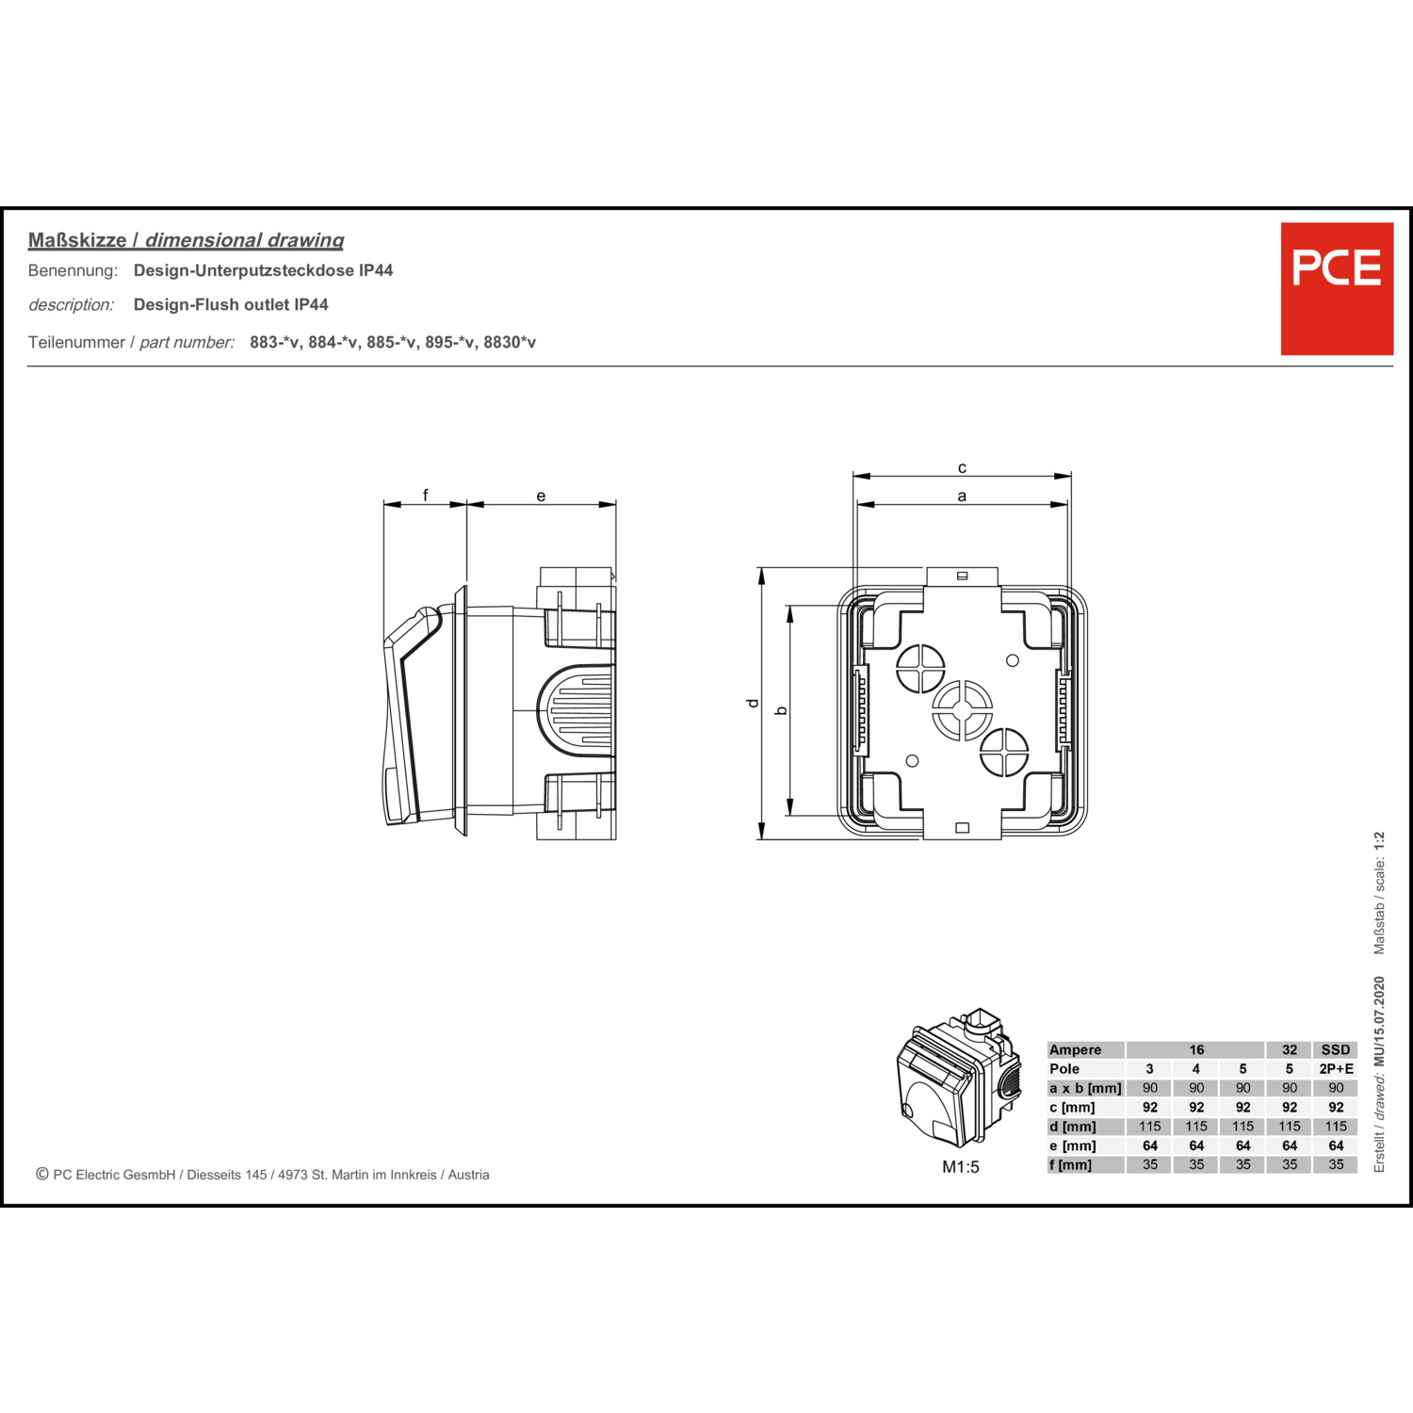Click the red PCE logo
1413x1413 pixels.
click(1337, 288)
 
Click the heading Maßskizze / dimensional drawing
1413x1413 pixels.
click(186, 240)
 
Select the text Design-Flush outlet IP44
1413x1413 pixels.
click(231, 304)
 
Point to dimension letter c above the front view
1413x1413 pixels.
click(962, 467)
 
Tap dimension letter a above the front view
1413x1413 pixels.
click(962, 495)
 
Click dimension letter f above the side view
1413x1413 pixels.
click(426, 495)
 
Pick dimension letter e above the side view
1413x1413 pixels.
click(541, 495)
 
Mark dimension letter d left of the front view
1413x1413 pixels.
click(752, 703)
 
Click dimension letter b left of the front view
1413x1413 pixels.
click(780, 710)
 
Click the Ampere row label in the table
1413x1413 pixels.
click(1075, 1049)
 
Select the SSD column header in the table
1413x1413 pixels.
click(1336, 1049)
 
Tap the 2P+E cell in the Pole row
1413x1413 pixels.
click(1336, 1069)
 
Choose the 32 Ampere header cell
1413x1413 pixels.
click(1290, 1049)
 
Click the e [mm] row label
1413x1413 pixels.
click(1073, 1145)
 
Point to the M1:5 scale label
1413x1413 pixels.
click(961, 1167)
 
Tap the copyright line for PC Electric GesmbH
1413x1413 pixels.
click(263, 1175)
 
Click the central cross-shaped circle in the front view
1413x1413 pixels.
click(962, 710)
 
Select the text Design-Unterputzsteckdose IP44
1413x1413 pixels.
click(263, 270)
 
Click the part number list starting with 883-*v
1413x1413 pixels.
click(393, 342)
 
